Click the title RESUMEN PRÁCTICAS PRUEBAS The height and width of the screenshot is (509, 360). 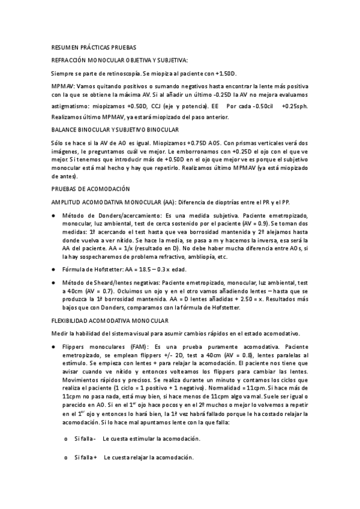pyautogui.click(x=94, y=47)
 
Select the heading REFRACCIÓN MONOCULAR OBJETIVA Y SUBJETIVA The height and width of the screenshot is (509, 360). pyautogui.click(x=120, y=60)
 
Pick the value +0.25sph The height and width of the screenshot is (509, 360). pyautogui.click(x=294, y=106)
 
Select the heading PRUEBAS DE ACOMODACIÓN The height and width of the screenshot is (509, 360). pyautogui.click(x=91, y=188)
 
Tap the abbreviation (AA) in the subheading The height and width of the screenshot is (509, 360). pyautogui.click(x=170, y=202)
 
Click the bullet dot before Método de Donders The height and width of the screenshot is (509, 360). pyautogui.click(x=54, y=215)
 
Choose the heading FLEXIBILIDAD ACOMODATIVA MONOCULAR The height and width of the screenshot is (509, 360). pyautogui.click(x=110, y=321)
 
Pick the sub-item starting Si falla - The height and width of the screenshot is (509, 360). pyautogui.click(x=137, y=439)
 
